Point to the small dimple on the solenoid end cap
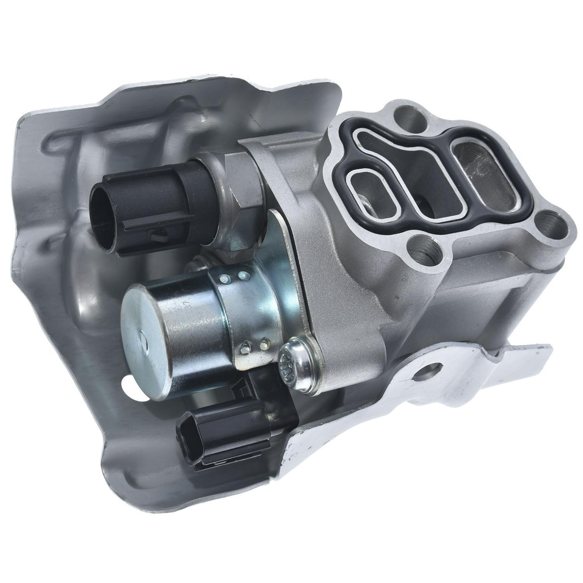[145, 343]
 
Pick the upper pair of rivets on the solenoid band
[233, 277]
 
